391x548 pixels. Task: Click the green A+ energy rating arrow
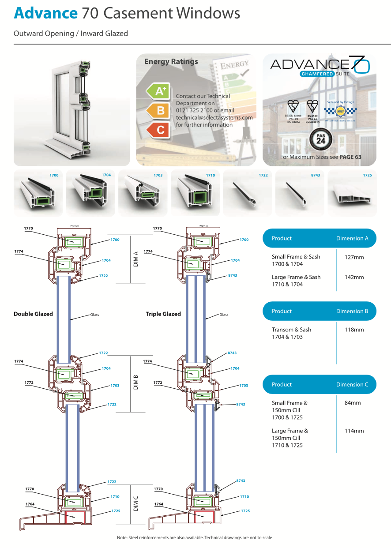pyautogui.click(x=158, y=91)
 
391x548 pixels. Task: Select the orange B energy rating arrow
pyautogui.click(x=158, y=110)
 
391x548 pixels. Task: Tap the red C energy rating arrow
pyautogui.click(x=158, y=130)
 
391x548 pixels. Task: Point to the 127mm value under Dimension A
pyautogui.click(x=354, y=257)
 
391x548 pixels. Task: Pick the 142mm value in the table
pyautogui.click(x=354, y=278)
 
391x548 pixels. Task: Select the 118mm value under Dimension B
pyautogui.click(x=354, y=330)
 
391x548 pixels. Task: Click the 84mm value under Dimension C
pyautogui.click(x=353, y=403)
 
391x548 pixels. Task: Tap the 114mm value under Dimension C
pyautogui.click(x=354, y=431)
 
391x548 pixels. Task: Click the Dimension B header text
pyautogui.click(x=352, y=311)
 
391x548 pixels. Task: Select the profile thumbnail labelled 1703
pyautogui.click(x=143, y=193)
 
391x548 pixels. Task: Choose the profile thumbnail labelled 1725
pyautogui.click(x=352, y=193)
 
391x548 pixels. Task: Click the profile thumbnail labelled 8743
pyautogui.click(x=300, y=193)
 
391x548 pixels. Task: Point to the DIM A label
pyautogui.click(x=136, y=259)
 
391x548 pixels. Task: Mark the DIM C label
pyautogui.click(x=136, y=503)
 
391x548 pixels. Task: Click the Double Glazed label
pyautogui.click(x=33, y=314)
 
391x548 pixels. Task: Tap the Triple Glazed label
pyautogui.click(x=163, y=314)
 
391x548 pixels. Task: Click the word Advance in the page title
pyautogui.click(x=45, y=13)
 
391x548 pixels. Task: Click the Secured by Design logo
pyautogui.click(x=340, y=110)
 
